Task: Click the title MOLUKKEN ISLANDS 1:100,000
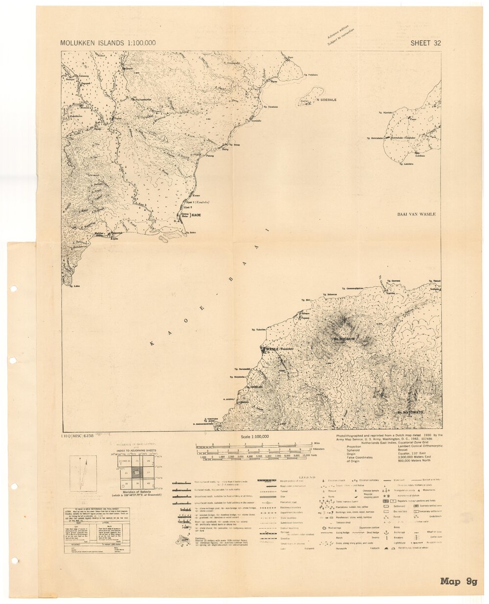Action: coord(108,43)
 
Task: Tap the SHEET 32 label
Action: coord(425,43)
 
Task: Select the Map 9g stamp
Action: coord(458,581)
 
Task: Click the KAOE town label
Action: coord(196,215)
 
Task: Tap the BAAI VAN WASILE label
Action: coord(416,214)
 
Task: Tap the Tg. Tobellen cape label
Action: coord(259,330)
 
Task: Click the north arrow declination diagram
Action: coord(83,474)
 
